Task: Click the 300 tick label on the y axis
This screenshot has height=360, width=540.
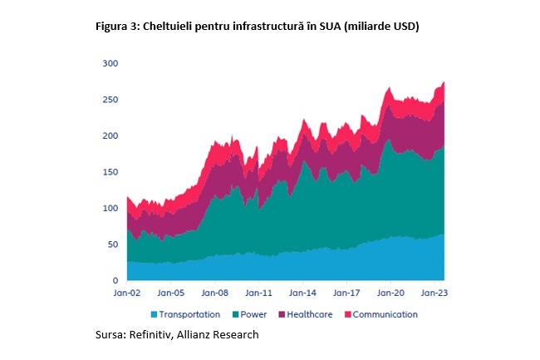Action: coord(110,63)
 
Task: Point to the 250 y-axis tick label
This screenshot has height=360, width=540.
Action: coord(110,100)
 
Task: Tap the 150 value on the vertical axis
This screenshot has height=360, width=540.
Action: coord(110,172)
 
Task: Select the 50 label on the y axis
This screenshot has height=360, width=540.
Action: coord(113,244)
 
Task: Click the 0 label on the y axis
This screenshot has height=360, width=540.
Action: coord(115,280)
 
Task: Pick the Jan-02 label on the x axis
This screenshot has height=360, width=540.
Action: coord(127,293)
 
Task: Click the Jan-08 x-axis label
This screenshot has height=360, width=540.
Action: coord(215,293)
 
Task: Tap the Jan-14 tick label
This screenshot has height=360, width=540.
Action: coord(302,293)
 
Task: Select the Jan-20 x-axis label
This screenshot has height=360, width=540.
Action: coord(390,293)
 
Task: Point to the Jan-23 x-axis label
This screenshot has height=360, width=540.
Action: coord(434,293)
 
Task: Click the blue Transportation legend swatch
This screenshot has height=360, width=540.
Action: coord(154,314)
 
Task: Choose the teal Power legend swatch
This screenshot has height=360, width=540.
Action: coord(236,314)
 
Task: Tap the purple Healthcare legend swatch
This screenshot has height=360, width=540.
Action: coord(282,314)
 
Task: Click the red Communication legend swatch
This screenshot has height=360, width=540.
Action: coord(348,314)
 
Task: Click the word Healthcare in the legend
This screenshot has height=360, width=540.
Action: coord(310,314)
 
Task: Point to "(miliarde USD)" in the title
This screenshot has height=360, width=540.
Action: coord(381,27)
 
